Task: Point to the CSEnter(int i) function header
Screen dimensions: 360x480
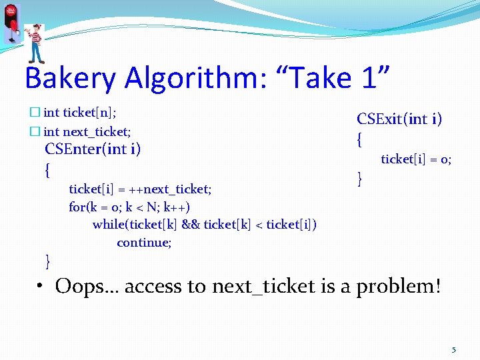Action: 93,149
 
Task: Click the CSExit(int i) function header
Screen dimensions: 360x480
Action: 399,119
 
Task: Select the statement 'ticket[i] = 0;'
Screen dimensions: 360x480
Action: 416,159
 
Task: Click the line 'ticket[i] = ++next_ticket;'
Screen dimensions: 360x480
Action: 140,189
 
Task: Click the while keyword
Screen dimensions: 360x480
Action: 108,224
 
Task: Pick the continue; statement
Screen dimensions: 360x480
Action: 144,242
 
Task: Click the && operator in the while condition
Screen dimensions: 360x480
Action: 191,224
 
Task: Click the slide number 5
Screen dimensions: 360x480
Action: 454,349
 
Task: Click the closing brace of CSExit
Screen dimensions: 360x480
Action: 360,178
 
